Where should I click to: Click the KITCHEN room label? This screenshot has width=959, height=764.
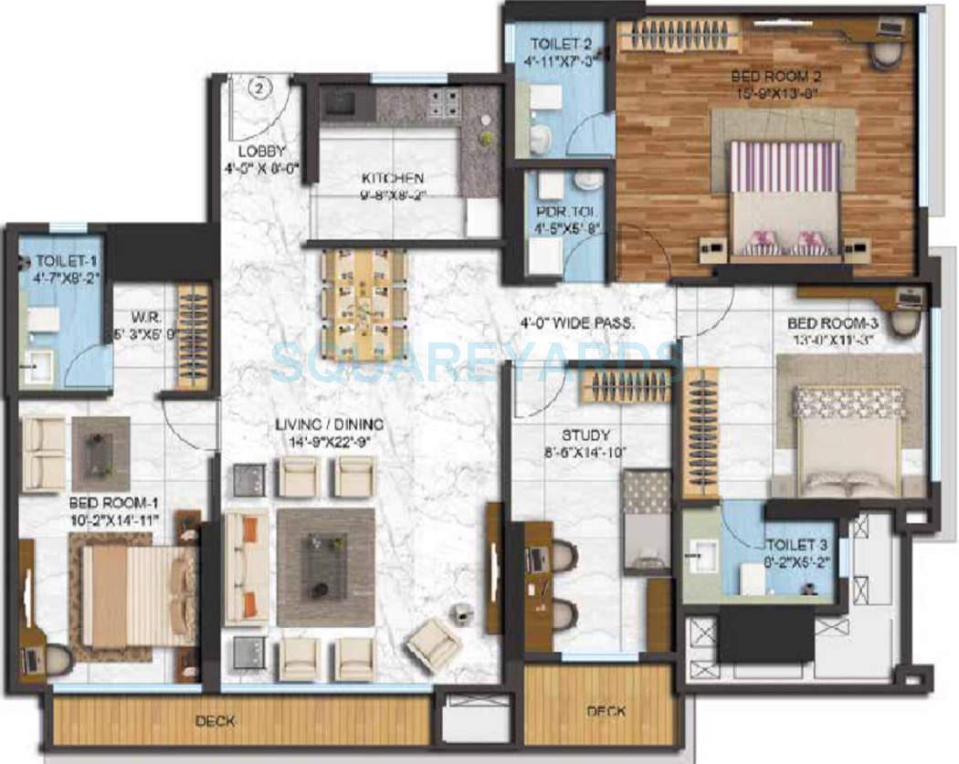click(x=392, y=178)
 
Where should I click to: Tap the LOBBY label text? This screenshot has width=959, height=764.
click(x=262, y=152)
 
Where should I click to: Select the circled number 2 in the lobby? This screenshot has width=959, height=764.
click(x=259, y=89)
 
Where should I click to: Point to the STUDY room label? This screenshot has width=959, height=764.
click(x=586, y=435)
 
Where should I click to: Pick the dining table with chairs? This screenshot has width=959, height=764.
click(x=364, y=303)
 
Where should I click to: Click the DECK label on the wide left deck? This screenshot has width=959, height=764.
click(x=216, y=721)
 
